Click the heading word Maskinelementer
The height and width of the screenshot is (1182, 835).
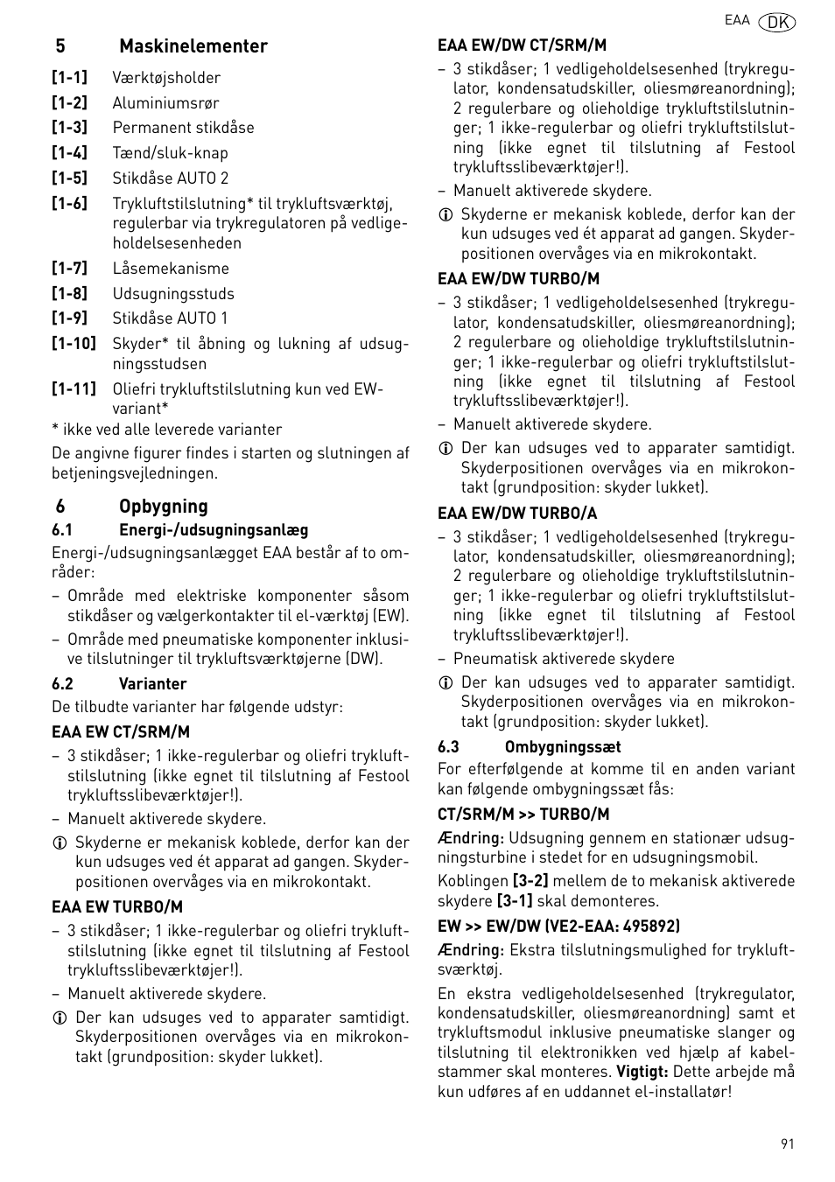pos(193,46)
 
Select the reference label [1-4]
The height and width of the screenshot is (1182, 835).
pos(69,153)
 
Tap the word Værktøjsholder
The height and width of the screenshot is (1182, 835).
pos(166,78)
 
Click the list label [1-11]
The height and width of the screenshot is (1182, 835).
pos(74,388)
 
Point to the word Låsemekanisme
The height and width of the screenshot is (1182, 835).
pos(170,269)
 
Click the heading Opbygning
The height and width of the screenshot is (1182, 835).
pos(164,507)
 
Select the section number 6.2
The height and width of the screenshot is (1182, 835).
pos(62,684)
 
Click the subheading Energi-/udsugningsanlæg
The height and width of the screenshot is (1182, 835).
pos(214,530)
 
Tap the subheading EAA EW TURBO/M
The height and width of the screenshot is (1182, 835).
pos(117,907)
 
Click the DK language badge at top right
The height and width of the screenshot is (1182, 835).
pos(777,22)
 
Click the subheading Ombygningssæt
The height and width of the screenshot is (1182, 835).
pos(563,747)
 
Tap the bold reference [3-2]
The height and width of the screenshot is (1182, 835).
pos(530,881)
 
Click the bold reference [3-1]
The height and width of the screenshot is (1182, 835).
pos(515,901)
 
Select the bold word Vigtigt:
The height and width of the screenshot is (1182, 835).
pos(642,1072)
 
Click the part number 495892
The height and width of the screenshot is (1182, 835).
pos(652,926)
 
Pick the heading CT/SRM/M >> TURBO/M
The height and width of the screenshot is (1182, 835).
pos(523,815)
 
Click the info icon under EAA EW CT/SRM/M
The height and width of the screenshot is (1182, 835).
pos(60,843)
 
